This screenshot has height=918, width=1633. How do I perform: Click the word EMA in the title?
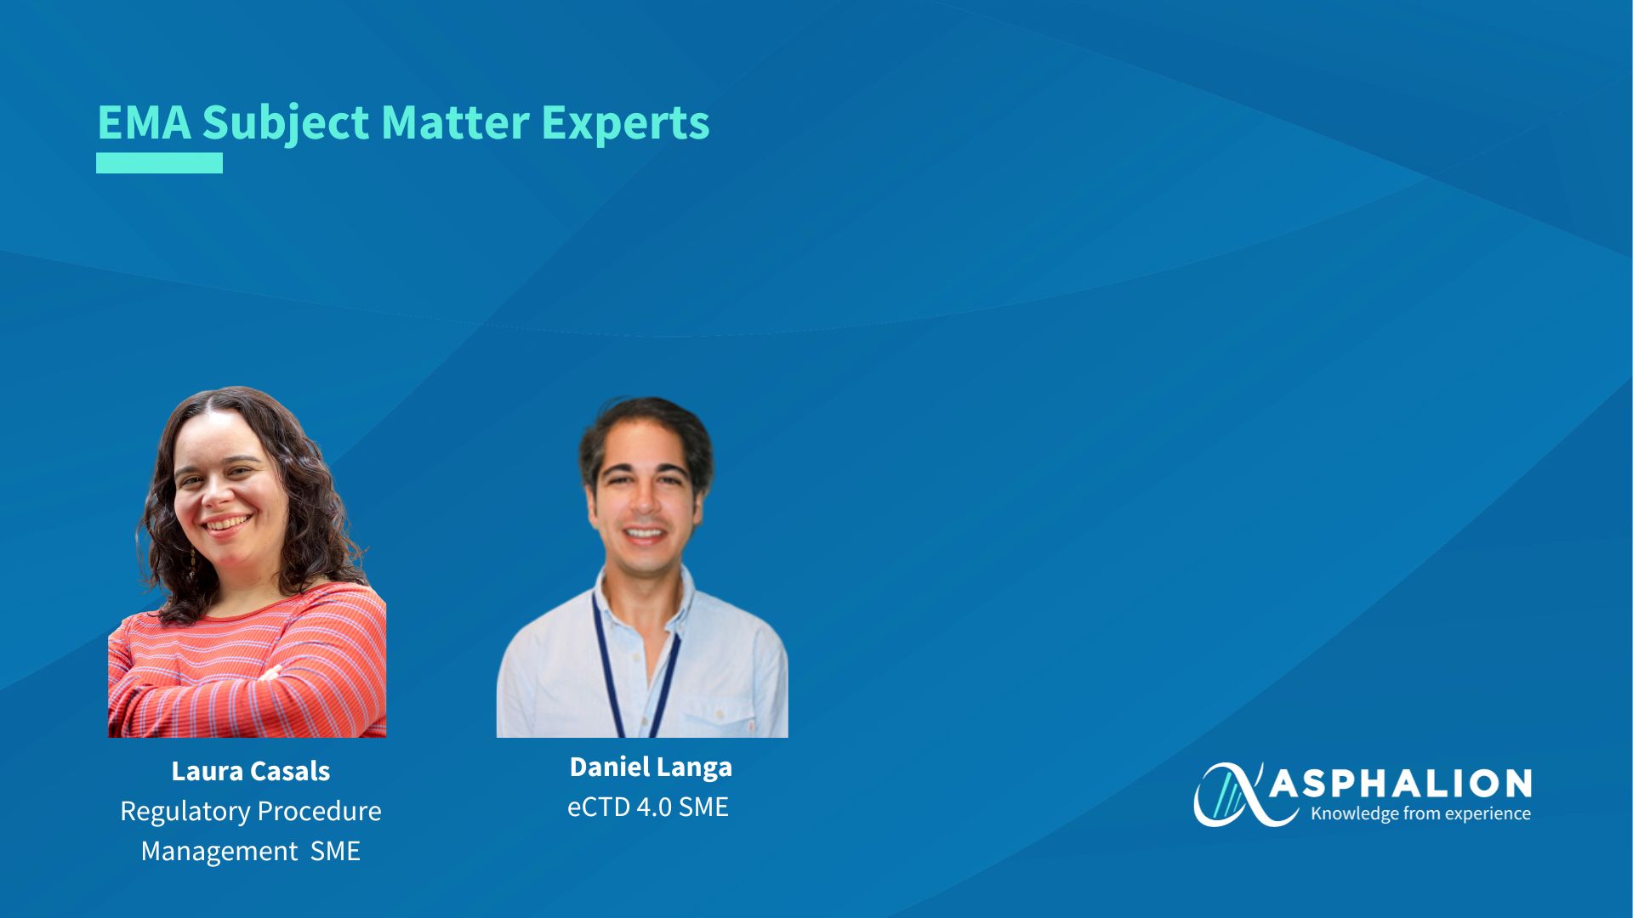point(145,122)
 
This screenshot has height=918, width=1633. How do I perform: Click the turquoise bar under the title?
point(159,163)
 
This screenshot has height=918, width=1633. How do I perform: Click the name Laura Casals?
point(251,771)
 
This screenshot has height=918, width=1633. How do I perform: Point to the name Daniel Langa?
point(651,768)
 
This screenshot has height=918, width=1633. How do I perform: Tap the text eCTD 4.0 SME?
point(648,807)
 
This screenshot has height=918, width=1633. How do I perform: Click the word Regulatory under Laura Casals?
point(183,812)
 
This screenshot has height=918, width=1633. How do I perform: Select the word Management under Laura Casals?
point(219,851)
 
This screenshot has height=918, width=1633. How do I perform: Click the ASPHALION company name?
point(1401,784)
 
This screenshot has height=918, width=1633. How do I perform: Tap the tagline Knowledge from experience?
point(1420,813)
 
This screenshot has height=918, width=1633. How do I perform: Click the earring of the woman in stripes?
point(193,563)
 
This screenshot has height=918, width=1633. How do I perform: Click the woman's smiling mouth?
point(226,523)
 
